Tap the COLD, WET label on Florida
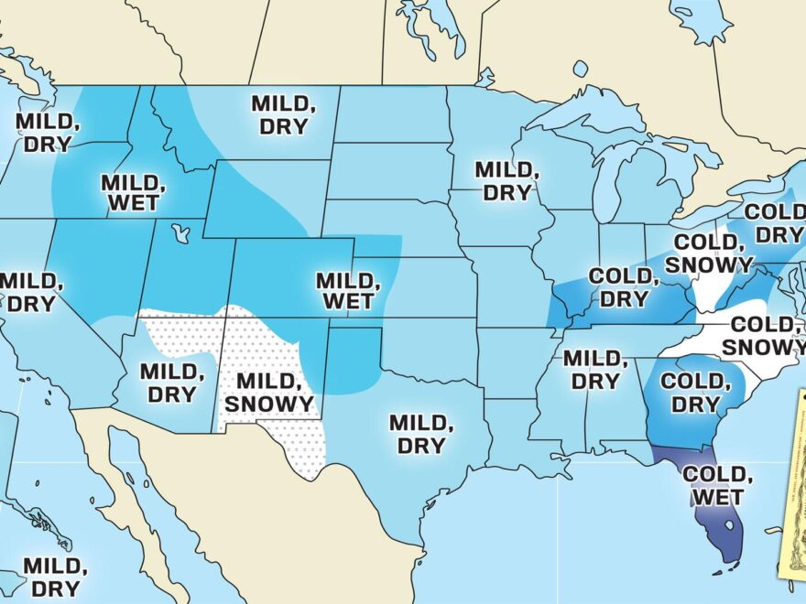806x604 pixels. click(718, 486)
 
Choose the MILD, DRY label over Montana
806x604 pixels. click(283, 115)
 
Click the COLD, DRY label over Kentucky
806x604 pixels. click(618, 287)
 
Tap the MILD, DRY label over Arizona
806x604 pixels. click(170, 383)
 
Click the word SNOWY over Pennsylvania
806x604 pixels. click(707, 264)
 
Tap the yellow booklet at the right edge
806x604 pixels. click(792, 485)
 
